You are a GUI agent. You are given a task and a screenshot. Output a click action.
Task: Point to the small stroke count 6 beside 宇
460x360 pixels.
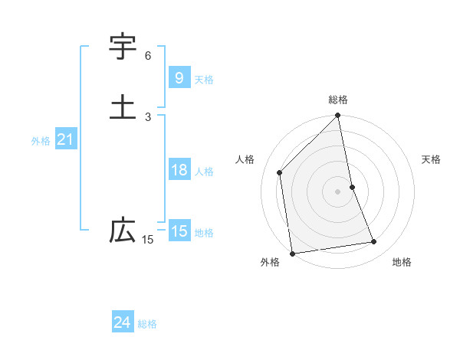(x=148, y=56)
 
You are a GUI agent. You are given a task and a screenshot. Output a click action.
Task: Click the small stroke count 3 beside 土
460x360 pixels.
(x=148, y=116)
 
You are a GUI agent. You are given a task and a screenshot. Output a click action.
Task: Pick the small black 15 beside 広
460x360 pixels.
(x=148, y=240)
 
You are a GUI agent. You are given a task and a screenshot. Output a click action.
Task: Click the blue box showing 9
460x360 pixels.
(x=179, y=77)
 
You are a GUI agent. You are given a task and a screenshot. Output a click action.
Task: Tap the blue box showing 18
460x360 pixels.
(x=179, y=170)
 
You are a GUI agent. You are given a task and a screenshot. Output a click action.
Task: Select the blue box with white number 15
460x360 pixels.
(x=179, y=231)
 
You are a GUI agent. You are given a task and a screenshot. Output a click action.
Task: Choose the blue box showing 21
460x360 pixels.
(x=65, y=139)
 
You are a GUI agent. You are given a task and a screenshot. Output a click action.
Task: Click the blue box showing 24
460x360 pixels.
(x=122, y=323)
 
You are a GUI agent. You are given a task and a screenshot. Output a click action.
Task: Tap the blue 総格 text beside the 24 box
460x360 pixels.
(x=147, y=324)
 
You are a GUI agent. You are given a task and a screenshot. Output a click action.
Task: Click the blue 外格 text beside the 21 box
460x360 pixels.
(x=41, y=141)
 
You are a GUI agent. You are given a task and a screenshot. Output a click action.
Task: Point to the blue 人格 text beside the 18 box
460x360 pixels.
(x=205, y=172)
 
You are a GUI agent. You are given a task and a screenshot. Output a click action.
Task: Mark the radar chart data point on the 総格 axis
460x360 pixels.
(x=338, y=116)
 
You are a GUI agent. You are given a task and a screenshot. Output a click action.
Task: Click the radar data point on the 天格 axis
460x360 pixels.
(x=353, y=187)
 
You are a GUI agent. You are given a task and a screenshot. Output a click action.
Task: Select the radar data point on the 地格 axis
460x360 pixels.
(x=374, y=242)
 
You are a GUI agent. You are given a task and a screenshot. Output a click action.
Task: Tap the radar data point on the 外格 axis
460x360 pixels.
(x=292, y=253)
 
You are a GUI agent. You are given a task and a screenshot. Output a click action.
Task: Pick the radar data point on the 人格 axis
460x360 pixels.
(x=280, y=172)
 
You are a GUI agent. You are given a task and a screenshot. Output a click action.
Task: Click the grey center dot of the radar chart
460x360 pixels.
(x=338, y=191)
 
